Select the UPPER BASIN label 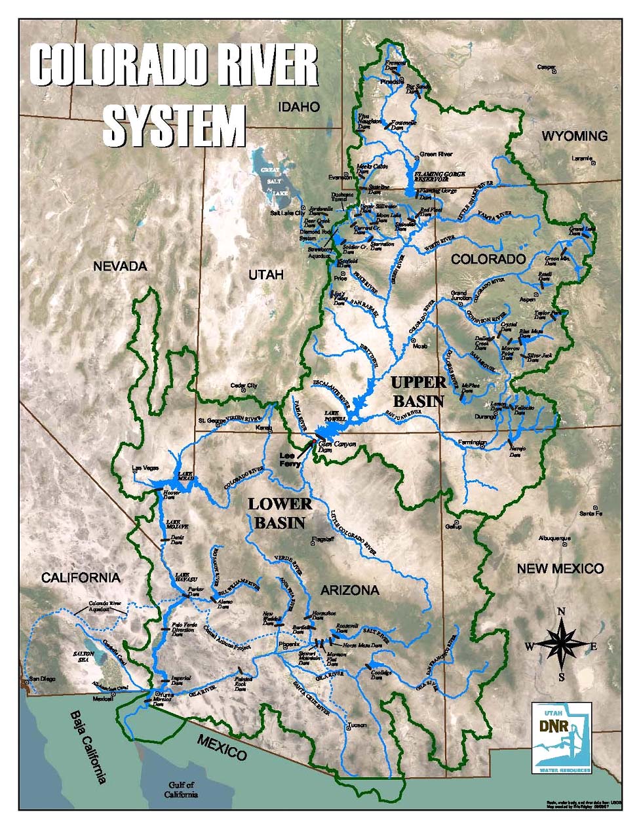tap(418, 391)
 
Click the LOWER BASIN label tap(280, 513)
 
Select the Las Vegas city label tap(146, 468)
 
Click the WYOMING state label tap(575, 136)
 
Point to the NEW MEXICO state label tap(560, 568)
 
